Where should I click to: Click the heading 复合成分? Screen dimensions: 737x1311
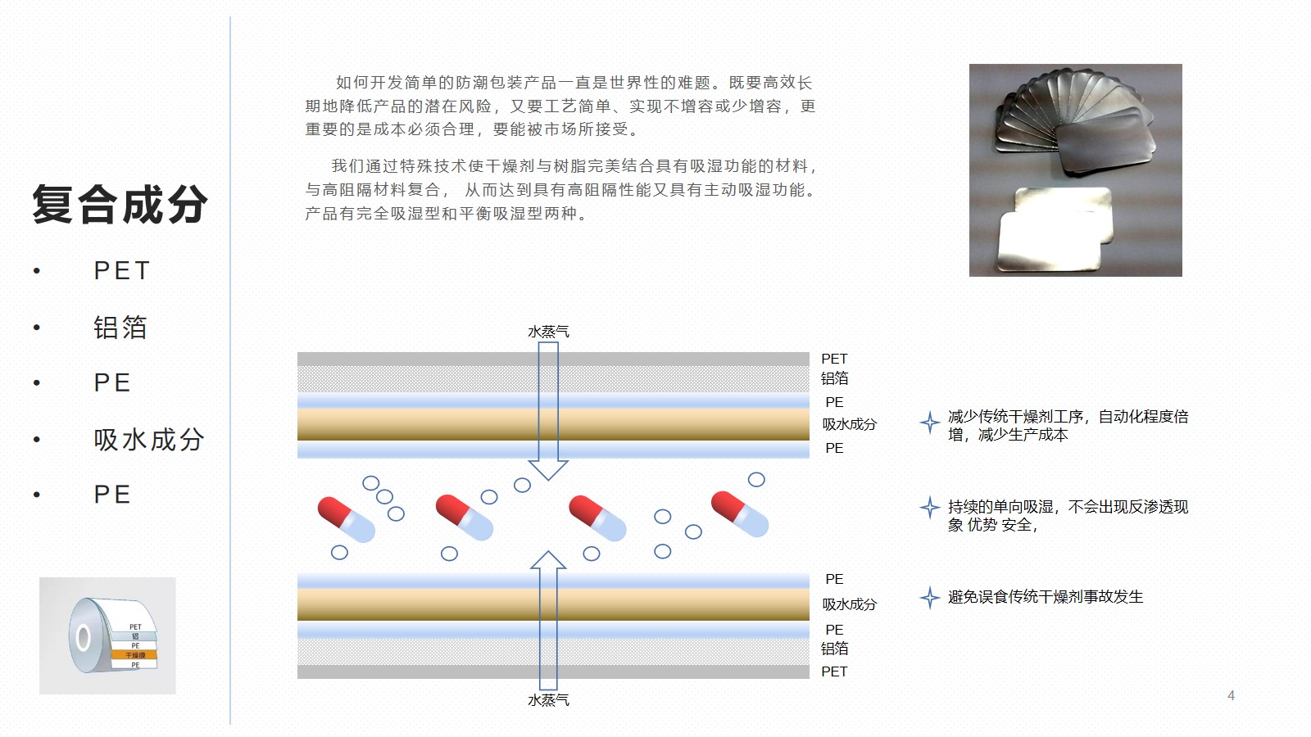120,205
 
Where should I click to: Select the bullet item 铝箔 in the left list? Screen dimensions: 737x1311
120,328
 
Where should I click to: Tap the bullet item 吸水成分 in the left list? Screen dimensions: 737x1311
148,440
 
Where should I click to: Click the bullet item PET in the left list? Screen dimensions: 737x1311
122,270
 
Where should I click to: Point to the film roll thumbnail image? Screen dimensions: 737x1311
107,635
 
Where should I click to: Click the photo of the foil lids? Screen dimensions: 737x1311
1075,170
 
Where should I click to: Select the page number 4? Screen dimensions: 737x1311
1231,695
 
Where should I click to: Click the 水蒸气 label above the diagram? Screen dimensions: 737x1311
548,332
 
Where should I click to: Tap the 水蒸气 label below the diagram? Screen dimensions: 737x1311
548,700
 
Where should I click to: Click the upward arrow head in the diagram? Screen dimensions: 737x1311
548,561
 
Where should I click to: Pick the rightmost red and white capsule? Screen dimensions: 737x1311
740,513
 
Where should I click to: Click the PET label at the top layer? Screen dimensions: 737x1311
834,359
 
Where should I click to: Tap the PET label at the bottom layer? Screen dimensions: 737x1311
834,671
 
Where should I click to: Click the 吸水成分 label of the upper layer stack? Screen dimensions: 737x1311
849,424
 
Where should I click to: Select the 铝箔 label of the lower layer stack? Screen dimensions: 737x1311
834,649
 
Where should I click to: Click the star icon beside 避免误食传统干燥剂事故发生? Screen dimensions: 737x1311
929,598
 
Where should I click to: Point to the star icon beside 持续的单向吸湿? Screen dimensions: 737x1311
929,508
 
